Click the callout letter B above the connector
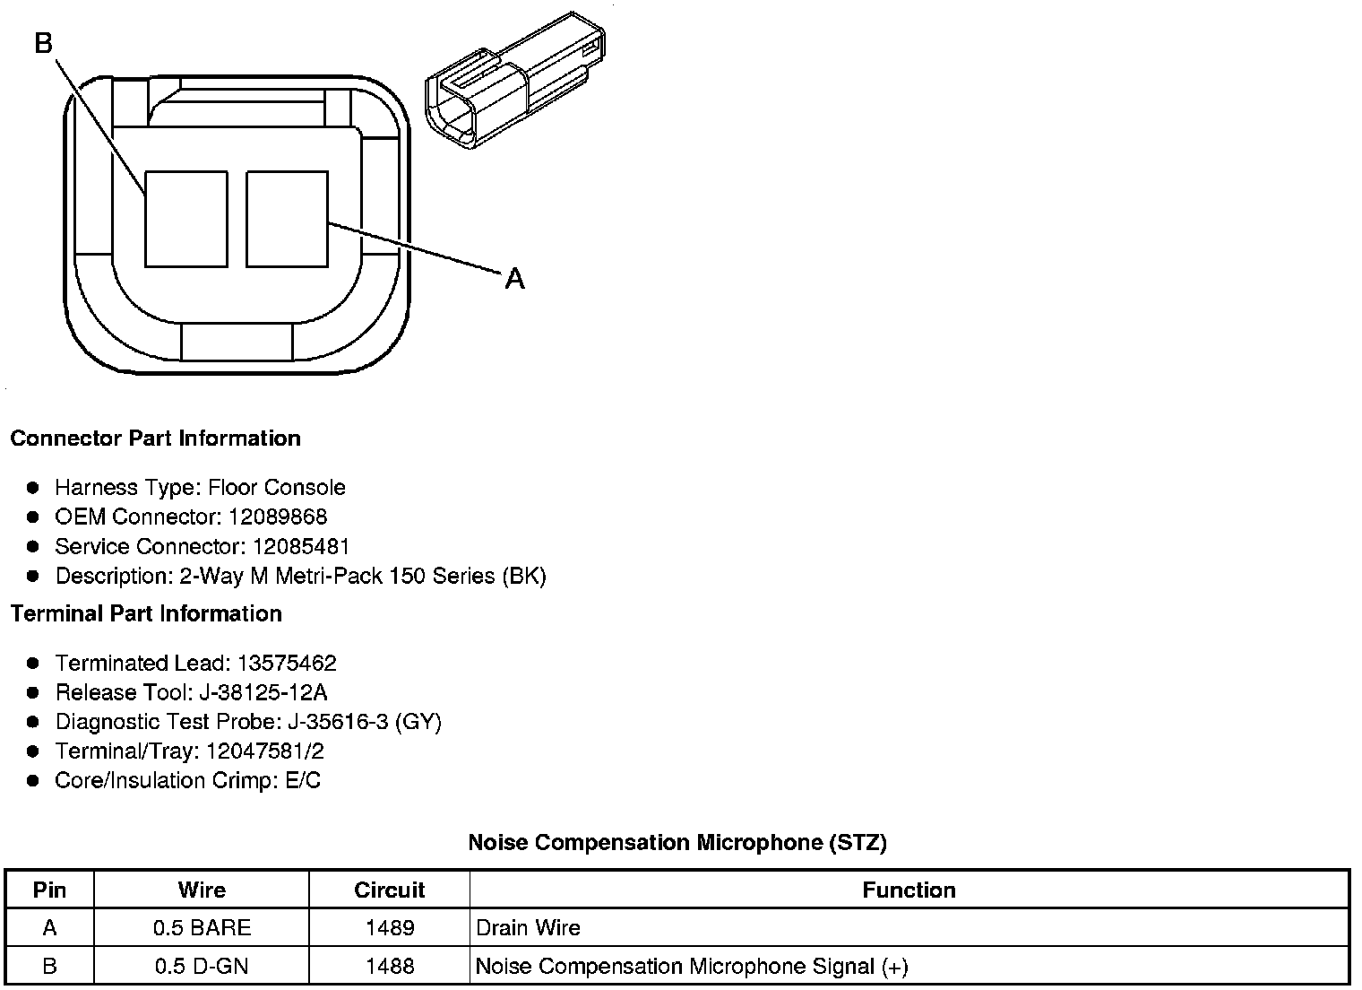click(x=44, y=42)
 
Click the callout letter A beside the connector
click(x=514, y=279)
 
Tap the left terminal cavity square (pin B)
click(x=186, y=219)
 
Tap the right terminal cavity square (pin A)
click(x=287, y=219)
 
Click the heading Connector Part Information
click(x=155, y=439)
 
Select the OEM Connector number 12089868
click(x=278, y=517)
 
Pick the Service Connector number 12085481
click(x=301, y=547)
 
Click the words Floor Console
click(x=276, y=488)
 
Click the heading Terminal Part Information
click(x=146, y=614)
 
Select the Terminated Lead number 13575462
click(x=287, y=664)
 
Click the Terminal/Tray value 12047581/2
click(x=264, y=751)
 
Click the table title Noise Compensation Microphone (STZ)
click(x=677, y=843)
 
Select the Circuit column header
click(x=389, y=890)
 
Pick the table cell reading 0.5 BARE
click(x=202, y=928)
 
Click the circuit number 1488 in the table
click(x=390, y=967)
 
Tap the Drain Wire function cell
click(x=528, y=928)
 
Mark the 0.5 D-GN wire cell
click(x=202, y=967)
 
